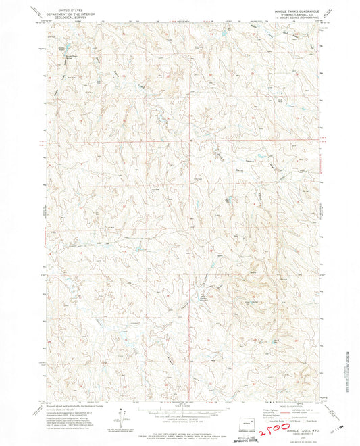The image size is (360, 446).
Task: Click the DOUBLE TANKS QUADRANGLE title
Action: [293, 9]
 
